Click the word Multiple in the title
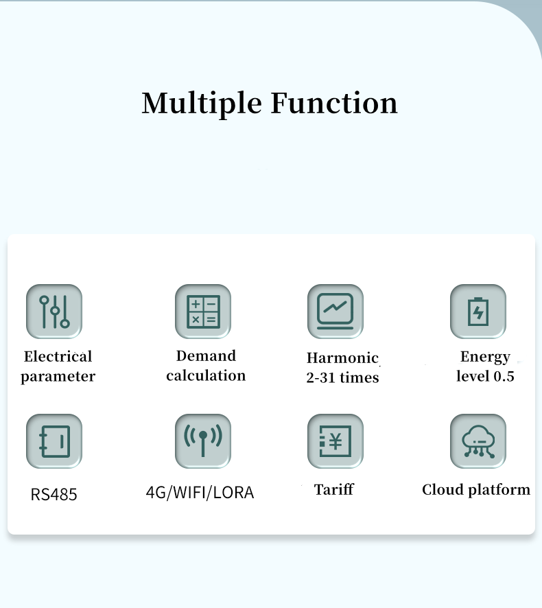(202, 104)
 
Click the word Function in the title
(334, 103)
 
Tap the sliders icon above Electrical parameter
(54, 312)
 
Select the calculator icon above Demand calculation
(203, 312)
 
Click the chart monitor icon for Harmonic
(335, 312)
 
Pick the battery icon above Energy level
(478, 312)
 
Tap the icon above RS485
(54, 441)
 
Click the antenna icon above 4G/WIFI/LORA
(203, 441)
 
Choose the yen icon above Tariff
(335, 441)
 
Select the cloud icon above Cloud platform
(478, 441)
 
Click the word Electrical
(58, 356)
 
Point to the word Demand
(206, 355)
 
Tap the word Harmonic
(342, 358)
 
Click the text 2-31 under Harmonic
(320, 377)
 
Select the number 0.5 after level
(504, 376)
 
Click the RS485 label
(54, 494)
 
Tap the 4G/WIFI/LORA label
(200, 493)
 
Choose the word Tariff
(334, 489)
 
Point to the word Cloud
(443, 489)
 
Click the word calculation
(206, 375)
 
